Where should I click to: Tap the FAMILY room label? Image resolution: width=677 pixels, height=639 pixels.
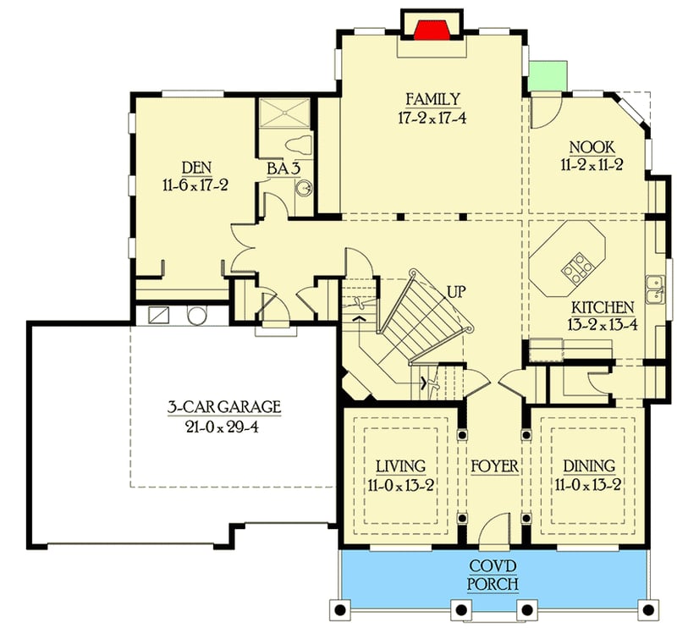coord(432,99)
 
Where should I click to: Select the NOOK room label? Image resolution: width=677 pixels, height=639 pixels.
coord(592,146)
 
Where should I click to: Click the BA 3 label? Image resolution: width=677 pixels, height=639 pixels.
coord(284,168)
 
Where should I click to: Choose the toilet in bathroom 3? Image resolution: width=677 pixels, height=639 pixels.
coord(297,143)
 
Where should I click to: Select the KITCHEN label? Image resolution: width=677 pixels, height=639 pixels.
coord(602,306)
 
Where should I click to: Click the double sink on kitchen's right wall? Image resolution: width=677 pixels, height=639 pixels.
coord(652,289)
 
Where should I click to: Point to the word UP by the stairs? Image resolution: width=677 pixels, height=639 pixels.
coord(456,292)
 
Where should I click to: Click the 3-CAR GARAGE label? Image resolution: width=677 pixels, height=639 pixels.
coord(223,408)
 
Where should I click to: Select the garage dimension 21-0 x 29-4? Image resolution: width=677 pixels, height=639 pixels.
coord(223,426)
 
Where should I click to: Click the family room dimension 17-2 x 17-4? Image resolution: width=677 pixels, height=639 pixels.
coord(432,117)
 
